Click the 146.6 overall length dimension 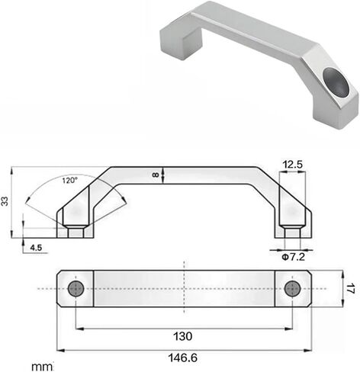[x=183, y=358]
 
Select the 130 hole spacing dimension [x=182, y=336]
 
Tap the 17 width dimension [x=351, y=289]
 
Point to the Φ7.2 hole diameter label [x=294, y=257]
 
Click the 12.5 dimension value [x=293, y=165]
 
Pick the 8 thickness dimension [x=156, y=175]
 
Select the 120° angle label [x=70, y=181]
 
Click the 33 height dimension [x=5, y=201]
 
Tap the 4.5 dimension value [x=36, y=247]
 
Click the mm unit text [x=42, y=367]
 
